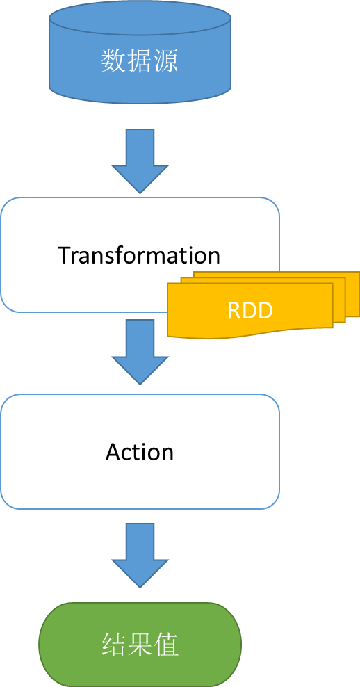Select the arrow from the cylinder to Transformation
coord(140,161)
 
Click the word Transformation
coord(139,255)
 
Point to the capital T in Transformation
coord(65,255)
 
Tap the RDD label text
coord(250,310)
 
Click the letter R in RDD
coord(234,310)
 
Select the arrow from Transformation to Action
coord(140,352)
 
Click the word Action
coord(140,452)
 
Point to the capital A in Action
coord(113,452)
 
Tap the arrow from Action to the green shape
coord(140,555)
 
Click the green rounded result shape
coord(140,645)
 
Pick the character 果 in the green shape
coord(140,644)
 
